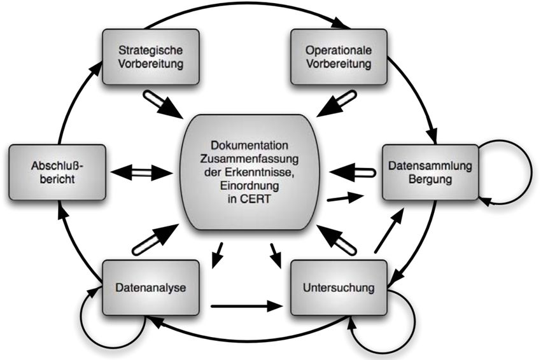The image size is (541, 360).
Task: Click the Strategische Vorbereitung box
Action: (x=151, y=57)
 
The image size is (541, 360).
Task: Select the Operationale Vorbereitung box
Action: (x=339, y=57)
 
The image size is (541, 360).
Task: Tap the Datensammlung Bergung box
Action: (x=431, y=172)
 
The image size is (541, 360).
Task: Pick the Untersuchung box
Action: (x=339, y=287)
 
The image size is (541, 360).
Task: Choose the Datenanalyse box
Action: (x=151, y=287)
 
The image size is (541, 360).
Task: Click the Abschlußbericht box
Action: (x=57, y=172)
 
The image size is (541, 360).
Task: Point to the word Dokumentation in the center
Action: (x=249, y=145)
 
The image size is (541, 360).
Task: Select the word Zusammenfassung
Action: (x=249, y=159)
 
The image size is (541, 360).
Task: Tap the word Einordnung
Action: (x=249, y=186)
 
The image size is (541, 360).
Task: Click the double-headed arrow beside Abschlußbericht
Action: (x=142, y=172)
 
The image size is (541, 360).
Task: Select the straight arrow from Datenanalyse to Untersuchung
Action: (x=247, y=306)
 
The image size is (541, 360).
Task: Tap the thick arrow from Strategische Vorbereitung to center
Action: (x=163, y=104)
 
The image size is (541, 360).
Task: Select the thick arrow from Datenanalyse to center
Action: (x=155, y=239)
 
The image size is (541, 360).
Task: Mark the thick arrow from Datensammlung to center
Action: (x=353, y=172)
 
